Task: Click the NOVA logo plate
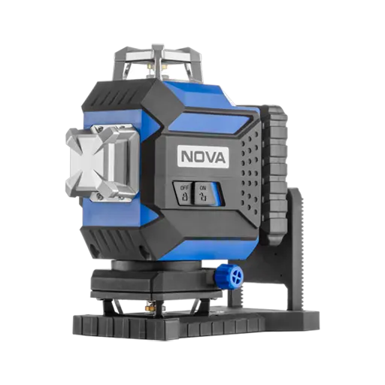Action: (x=203, y=157)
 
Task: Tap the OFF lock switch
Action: (x=183, y=193)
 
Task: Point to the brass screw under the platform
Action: (x=150, y=307)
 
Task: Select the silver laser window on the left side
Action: (x=102, y=162)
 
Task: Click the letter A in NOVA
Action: (x=220, y=157)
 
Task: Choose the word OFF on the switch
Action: (x=184, y=188)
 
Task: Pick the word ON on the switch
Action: (x=202, y=187)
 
